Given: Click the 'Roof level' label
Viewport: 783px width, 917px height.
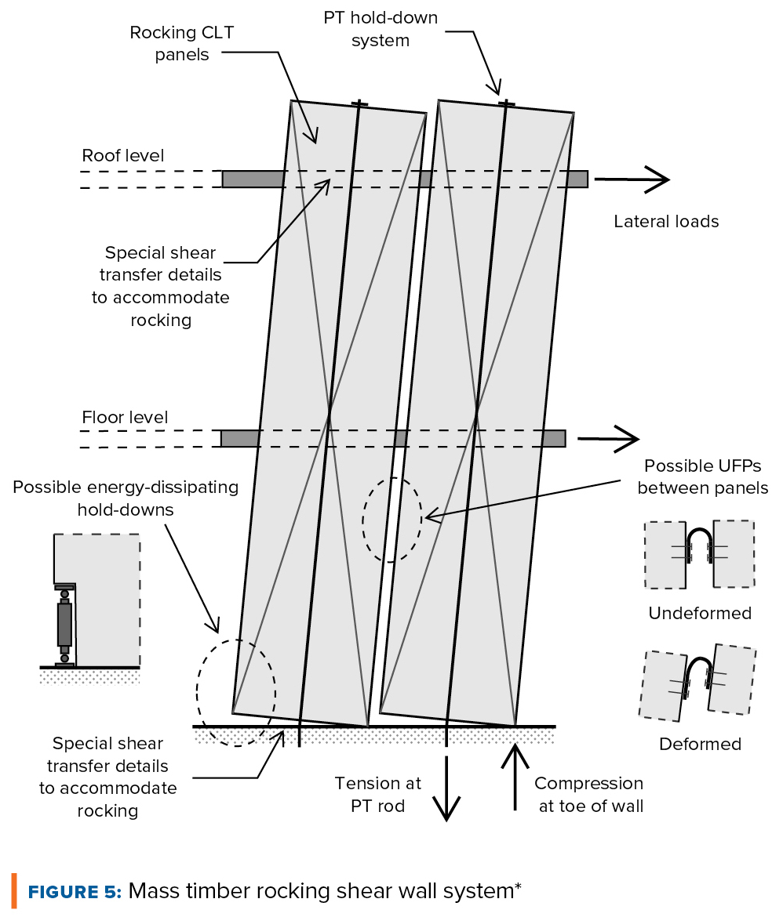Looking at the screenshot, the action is coord(123,155).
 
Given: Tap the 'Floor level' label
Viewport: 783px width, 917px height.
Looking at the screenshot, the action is coord(125,418).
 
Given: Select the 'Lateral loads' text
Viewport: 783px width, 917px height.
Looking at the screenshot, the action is coord(666,222).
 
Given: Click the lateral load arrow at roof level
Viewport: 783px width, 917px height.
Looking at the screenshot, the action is coord(632,179).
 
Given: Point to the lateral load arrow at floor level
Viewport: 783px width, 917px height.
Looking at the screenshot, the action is coord(609,439).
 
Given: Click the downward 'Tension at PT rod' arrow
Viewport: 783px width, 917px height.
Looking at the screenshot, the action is coord(446,788).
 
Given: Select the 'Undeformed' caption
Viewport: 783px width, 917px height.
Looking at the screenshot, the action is coord(700,614).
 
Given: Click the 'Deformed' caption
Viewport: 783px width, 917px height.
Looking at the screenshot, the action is coord(701,745).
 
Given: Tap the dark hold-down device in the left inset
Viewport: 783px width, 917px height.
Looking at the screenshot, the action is coord(64,625).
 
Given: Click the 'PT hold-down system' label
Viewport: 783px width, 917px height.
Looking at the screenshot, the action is coord(381,29).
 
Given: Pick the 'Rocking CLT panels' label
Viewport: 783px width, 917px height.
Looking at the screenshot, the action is coord(181,43).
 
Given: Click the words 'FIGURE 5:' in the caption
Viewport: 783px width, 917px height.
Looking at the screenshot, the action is coord(75,892).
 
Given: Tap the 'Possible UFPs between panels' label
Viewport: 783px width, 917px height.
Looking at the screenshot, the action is coord(703,477).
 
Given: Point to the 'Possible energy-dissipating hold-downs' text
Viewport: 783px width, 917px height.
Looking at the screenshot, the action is coord(126,498).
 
